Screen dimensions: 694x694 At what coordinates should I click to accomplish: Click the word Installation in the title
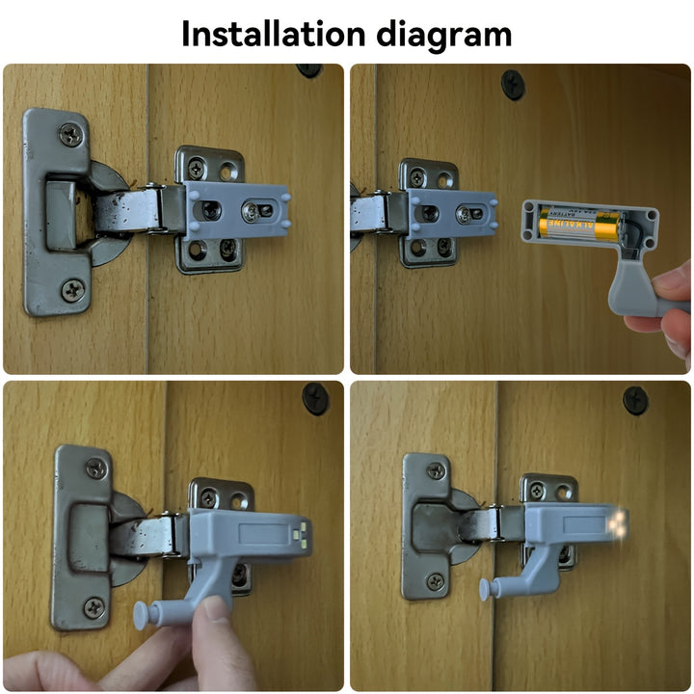point(274,34)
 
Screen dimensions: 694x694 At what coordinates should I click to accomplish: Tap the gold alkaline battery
point(579,225)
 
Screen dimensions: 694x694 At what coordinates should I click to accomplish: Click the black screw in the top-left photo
point(309,70)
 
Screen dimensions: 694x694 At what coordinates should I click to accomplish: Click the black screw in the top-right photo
point(513,85)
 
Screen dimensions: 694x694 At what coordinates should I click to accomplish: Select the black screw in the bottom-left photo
point(315,398)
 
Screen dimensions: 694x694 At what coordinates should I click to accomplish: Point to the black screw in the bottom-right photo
point(635,401)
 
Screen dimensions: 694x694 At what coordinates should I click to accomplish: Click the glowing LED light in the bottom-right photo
point(618,523)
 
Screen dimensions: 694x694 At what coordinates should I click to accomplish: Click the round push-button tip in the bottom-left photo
point(142,615)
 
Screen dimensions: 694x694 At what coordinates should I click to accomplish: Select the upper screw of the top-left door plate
point(71,135)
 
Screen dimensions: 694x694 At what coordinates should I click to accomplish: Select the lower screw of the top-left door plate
point(73,290)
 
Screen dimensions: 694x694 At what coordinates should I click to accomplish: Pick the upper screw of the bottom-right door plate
point(436,471)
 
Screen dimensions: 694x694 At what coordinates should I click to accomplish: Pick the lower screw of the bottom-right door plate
point(436,581)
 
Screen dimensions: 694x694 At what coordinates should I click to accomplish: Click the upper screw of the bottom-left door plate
point(96,468)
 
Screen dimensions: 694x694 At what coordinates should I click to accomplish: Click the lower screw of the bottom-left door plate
point(94,608)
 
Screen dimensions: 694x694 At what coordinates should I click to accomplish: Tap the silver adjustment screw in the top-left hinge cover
point(251,212)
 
